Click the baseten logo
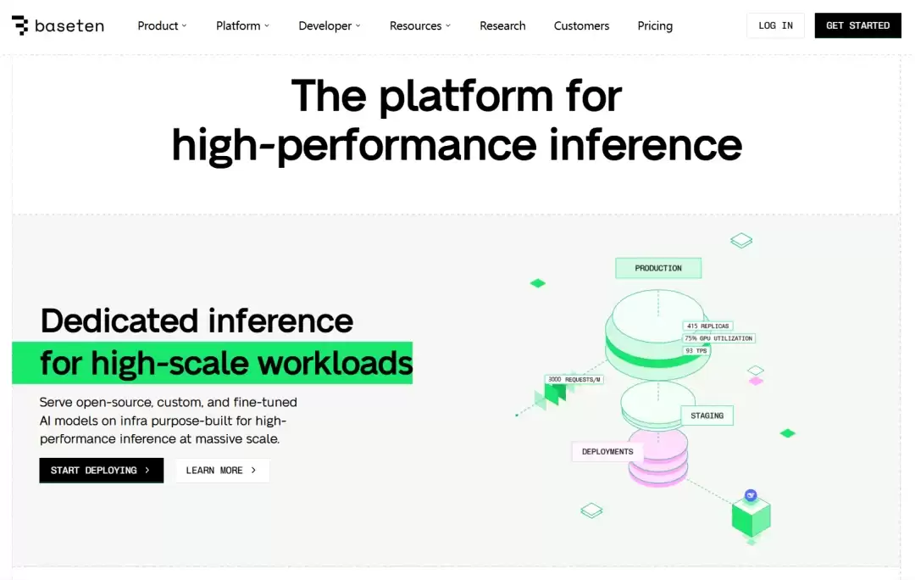[58, 25]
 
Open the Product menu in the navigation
[162, 25]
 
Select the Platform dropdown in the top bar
[242, 25]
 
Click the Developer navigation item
[329, 25]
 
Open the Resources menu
[419, 25]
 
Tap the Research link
[502, 25]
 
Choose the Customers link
[581, 25]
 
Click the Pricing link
[655, 25]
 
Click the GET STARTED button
[857, 25]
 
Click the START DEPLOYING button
[102, 471]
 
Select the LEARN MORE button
[222, 471]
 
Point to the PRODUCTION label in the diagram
[658, 268]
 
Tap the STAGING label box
[707, 415]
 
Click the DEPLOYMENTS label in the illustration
[607, 451]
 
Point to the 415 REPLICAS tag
[707, 326]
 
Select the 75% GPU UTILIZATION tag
[718, 338]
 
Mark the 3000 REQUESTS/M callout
[574, 380]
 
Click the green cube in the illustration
[751, 516]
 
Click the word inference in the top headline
[646, 145]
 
